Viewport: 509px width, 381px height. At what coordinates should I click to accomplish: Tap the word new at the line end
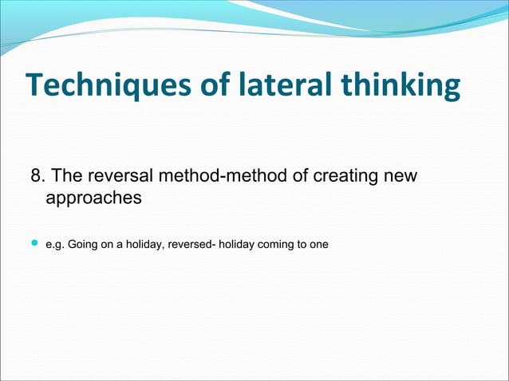click(x=401, y=175)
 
